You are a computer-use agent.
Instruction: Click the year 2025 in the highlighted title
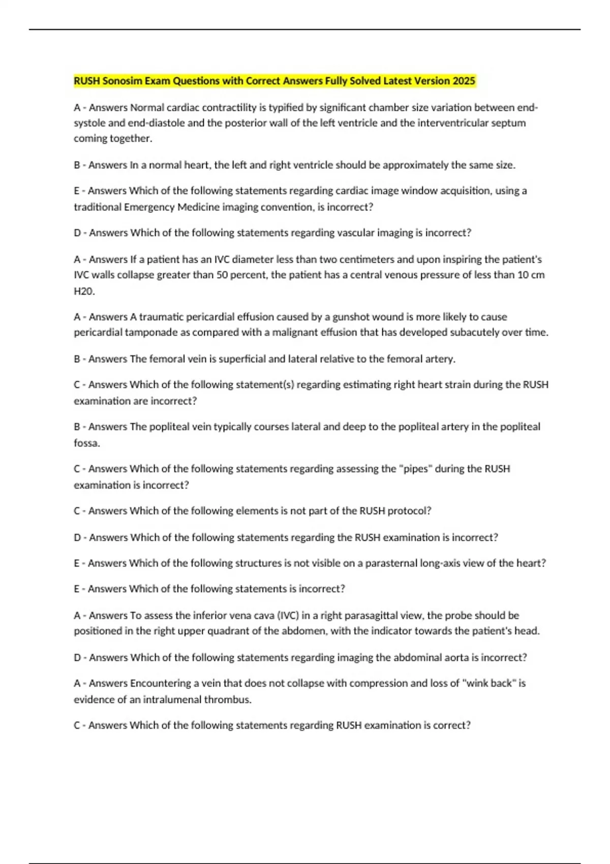(x=464, y=81)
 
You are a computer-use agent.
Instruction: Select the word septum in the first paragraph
(x=508, y=122)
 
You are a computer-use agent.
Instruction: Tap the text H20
(x=84, y=291)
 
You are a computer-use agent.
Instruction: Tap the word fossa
(x=86, y=443)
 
